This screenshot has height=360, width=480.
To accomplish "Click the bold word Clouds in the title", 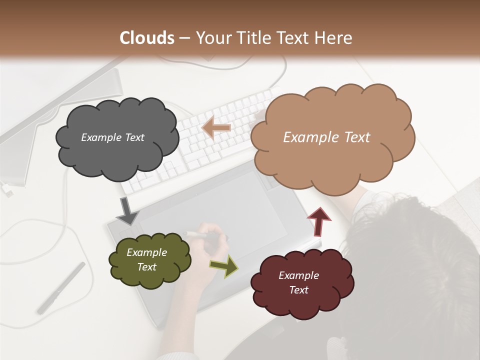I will [x=147, y=38].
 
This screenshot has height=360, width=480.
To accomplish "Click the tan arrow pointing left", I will [x=216, y=128].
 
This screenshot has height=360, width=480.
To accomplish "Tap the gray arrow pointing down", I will [x=127, y=211].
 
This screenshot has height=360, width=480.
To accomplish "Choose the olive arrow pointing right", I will [x=224, y=265].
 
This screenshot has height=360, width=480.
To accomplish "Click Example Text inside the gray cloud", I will [x=112, y=137].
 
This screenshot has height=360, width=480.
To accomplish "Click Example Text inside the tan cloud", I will [x=326, y=137].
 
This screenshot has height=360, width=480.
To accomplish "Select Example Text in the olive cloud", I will [x=146, y=260].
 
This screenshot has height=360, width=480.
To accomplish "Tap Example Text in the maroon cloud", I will [x=298, y=282].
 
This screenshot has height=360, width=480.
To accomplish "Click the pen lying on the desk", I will [x=61, y=288].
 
